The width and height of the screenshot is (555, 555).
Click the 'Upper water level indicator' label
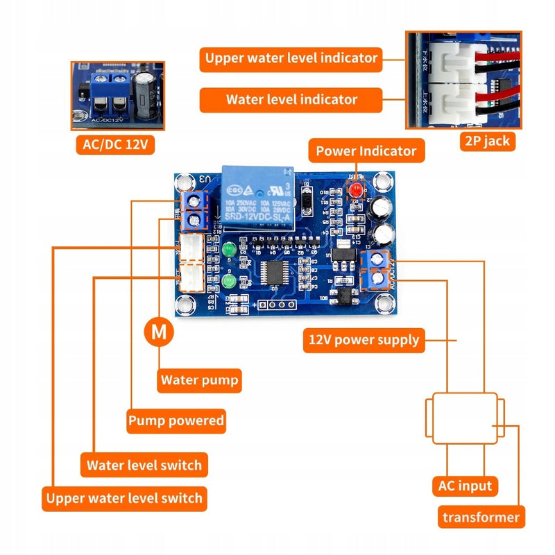tap(291, 58)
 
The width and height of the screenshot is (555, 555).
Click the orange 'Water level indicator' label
tap(291, 100)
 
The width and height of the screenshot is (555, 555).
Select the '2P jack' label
tap(486, 141)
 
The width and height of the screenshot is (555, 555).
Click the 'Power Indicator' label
tap(366, 151)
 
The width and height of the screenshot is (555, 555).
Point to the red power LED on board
tap(357, 189)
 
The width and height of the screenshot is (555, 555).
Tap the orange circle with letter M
tap(159, 332)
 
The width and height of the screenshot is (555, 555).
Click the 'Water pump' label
tap(199, 380)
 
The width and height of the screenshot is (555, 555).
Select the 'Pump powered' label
tap(176, 420)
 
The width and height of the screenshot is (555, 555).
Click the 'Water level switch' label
tap(144, 465)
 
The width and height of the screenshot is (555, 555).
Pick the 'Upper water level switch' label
tap(124, 498)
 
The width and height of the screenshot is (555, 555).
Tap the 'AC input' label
tap(465, 486)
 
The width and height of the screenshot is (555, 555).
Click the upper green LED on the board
tap(228, 248)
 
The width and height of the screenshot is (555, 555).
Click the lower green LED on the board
tap(228, 281)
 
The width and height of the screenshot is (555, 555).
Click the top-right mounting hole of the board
tap(381, 182)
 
